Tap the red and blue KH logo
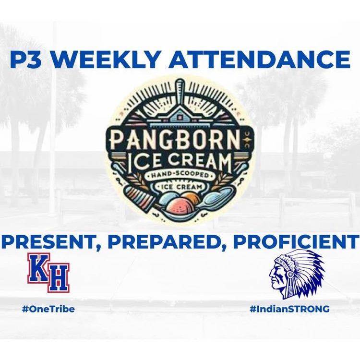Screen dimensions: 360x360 tap(48, 272)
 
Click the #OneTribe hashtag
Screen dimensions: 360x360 tap(48, 309)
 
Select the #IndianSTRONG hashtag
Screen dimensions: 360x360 tap(289, 309)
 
